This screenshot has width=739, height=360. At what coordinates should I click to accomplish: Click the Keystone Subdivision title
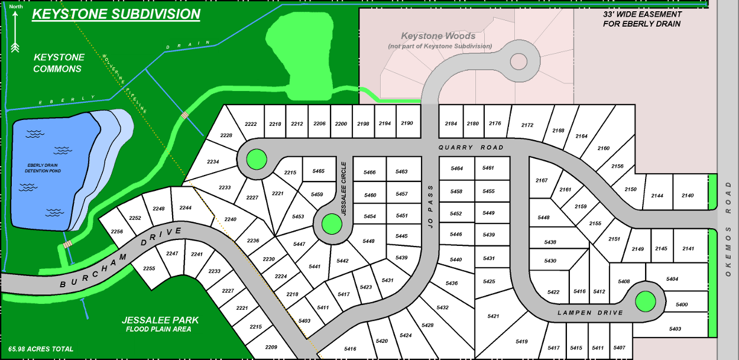116,14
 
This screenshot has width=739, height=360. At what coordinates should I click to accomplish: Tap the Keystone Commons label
58,63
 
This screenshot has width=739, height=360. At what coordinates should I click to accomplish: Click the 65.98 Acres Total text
41,349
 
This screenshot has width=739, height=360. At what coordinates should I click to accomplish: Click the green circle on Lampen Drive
645,301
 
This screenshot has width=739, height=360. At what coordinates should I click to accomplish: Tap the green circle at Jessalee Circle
331,224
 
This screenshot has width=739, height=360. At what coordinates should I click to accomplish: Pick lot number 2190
407,124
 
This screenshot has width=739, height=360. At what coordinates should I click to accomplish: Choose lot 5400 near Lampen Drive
681,304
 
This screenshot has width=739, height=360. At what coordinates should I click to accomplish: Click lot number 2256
117,231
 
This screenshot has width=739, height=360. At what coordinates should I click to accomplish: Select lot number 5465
318,171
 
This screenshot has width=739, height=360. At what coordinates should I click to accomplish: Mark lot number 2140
688,196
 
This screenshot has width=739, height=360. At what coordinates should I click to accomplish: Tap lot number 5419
521,341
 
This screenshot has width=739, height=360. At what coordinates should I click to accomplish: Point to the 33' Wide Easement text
642,19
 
